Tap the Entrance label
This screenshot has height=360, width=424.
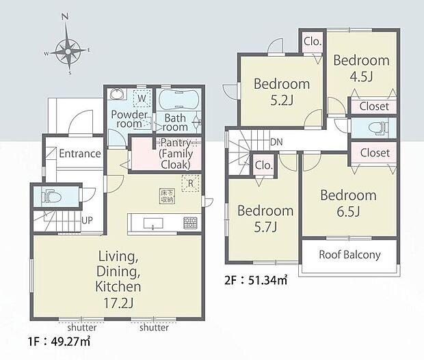pyautogui.click(x=79, y=154)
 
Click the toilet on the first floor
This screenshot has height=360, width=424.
pyautogui.click(x=51, y=197)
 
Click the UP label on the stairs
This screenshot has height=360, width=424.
pyautogui.click(x=88, y=221)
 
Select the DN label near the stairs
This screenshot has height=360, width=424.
pyautogui.click(x=277, y=142)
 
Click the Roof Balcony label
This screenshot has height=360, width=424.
pyautogui.click(x=350, y=255)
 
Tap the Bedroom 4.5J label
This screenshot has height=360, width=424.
pyautogui.click(x=361, y=68)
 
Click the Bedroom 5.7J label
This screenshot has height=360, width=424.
pyautogui.click(x=265, y=219)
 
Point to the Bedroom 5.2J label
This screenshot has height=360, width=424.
pyautogui.click(x=282, y=93)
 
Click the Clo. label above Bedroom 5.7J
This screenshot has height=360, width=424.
pyautogui.click(x=263, y=165)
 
